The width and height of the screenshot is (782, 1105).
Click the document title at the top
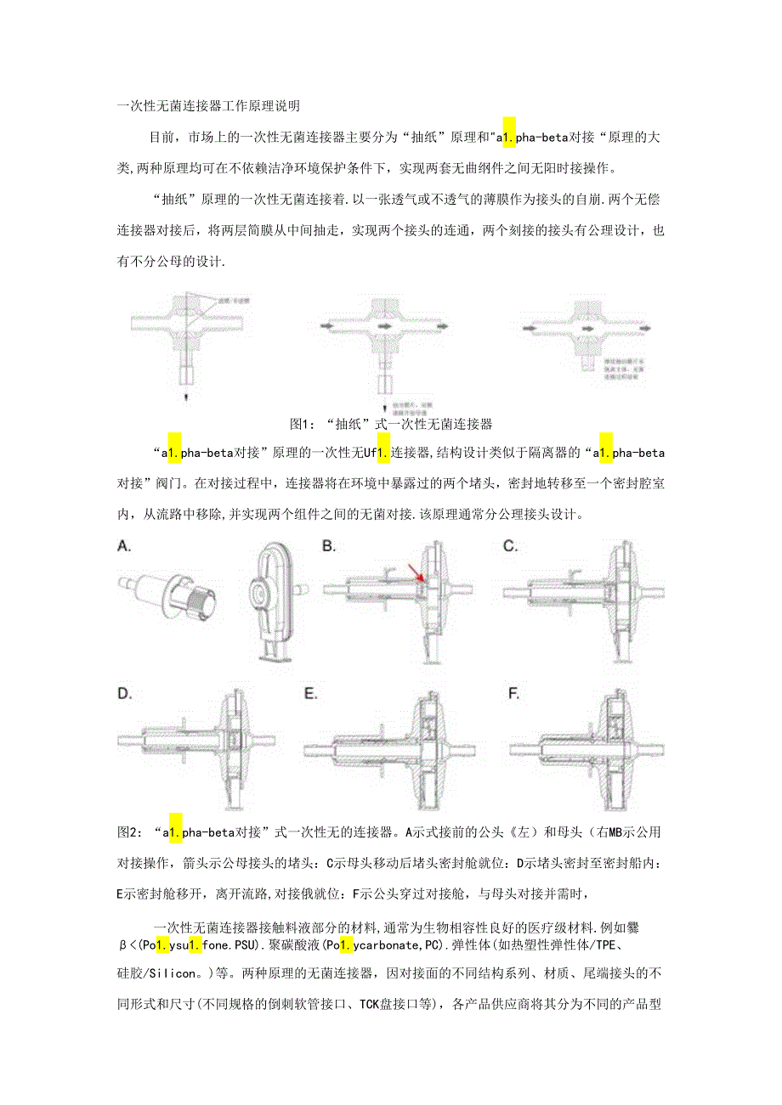pyautogui.click(x=208, y=107)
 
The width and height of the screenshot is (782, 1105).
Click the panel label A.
pyautogui.click(x=125, y=547)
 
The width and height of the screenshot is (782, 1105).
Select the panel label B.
pyautogui.click(x=329, y=547)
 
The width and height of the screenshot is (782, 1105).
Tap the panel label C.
pyautogui.click(x=510, y=547)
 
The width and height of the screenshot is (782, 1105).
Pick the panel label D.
pyautogui.click(x=125, y=694)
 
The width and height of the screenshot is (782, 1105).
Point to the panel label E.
pyautogui.click(x=312, y=694)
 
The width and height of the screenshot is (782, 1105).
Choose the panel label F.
pyautogui.click(x=513, y=694)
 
